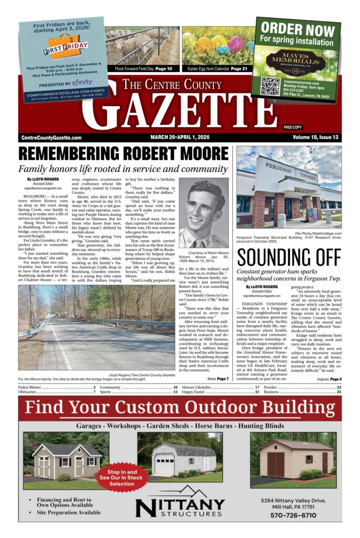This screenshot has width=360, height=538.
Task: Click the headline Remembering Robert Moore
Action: (124, 154)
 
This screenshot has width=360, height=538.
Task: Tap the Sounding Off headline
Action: (288, 257)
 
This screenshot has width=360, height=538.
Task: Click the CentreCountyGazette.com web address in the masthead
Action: (52, 138)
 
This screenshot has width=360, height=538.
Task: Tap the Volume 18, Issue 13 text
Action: (313, 138)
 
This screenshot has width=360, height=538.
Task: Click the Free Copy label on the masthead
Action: (293, 127)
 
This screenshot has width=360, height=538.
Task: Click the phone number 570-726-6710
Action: (293, 515)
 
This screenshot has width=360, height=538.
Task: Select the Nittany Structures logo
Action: (181, 506)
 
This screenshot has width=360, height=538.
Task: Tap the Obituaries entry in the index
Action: (32, 391)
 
